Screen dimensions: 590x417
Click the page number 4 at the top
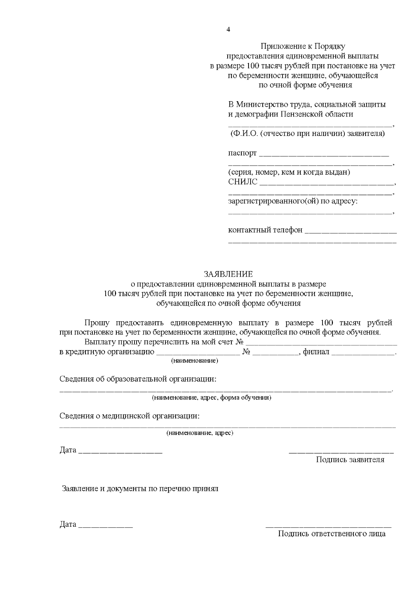(x=228, y=30)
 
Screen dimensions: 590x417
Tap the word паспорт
(x=242, y=153)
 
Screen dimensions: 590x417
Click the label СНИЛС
(x=243, y=181)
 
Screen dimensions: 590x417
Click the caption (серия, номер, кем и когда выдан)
(x=289, y=172)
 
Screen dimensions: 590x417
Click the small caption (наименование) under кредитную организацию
(x=195, y=361)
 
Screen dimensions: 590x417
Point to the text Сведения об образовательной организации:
(x=138, y=379)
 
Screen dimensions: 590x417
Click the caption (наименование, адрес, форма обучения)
(x=211, y=398)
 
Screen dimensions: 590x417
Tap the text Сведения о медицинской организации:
(x=130, y=416)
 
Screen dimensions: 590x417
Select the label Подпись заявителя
(x=350, y=460)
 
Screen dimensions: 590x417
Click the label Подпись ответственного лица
(x=332, y=534)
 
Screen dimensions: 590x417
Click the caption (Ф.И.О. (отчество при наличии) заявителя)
(x=307, y=134)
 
